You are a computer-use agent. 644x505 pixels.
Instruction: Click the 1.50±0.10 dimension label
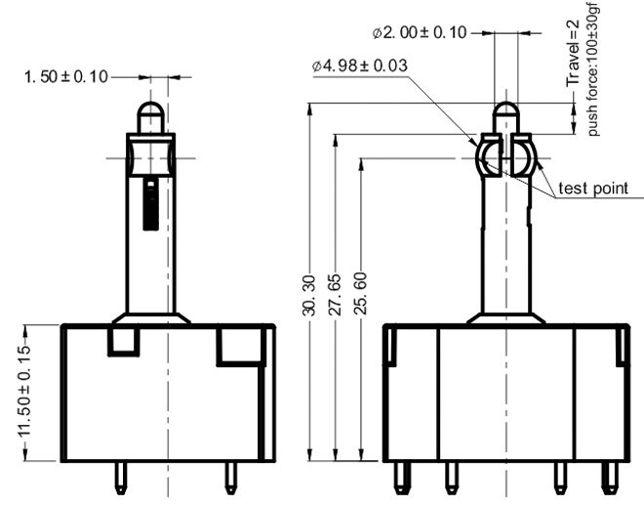[66, 77]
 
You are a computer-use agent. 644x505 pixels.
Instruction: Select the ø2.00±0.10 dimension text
[420, 32]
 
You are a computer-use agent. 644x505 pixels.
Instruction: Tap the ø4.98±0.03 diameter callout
[360, 65]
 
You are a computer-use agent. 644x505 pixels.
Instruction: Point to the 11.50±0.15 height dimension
[25, 391]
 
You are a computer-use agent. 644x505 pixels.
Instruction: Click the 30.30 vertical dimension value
[309, 296]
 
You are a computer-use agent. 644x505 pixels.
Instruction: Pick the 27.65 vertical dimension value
[335, 294]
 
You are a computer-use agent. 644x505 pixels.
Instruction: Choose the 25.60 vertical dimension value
[360, 294]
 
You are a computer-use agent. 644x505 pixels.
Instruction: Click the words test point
[593, 189]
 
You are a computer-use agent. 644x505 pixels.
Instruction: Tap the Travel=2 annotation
[572, 54]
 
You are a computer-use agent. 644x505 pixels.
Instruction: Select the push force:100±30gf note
[593, 69]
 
